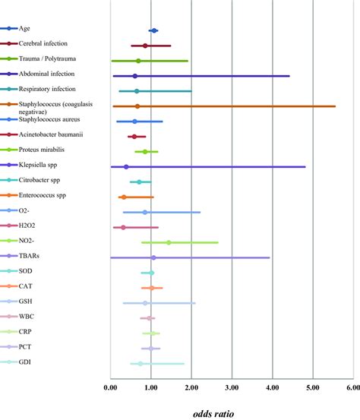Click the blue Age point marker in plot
[153, 30]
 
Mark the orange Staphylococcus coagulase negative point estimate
[137, 106]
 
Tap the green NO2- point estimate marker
[169, 242]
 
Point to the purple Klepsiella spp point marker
[126, 167]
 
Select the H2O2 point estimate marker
[123, 227]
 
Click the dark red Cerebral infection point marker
[145, 46]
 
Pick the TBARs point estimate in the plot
[153, 257]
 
